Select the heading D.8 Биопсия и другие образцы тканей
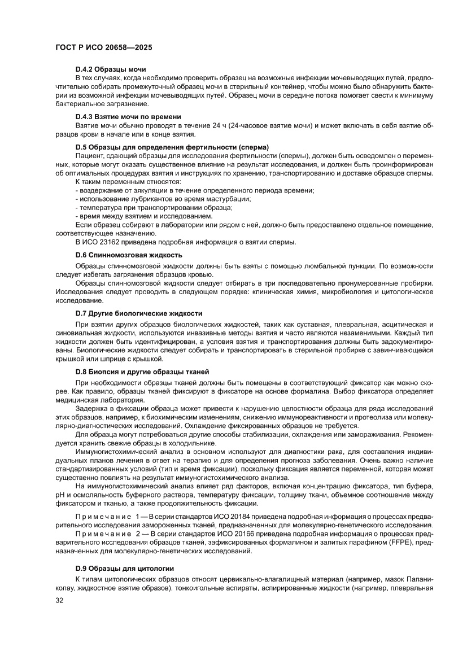(142, 371)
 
